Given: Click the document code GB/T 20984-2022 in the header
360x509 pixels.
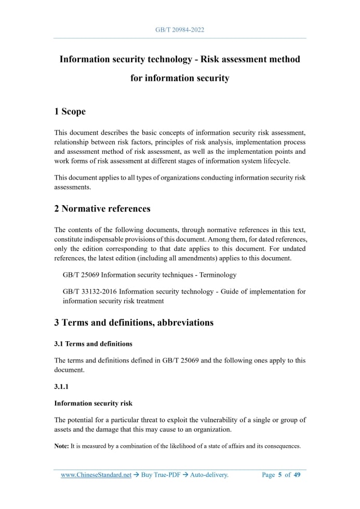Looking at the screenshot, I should pyautogui.click(x=180, y=30).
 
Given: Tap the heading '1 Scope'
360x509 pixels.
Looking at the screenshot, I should pyautogui.click(x=70, y=112).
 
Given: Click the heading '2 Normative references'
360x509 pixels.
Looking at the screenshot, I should pyautogui.click(x=102, y=209).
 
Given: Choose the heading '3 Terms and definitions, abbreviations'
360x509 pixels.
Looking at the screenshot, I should pyautogui.click(x=134, y=323).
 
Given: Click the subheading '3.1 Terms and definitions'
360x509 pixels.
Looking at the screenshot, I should pyautogui.click(x=94, y=344).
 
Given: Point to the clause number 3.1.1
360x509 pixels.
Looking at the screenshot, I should pyautogui.click(x=61, y=387).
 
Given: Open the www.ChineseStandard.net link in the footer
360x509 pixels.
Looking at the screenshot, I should pyautogui.click(x=96, y=475).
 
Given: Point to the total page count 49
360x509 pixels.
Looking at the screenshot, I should pyautogui.click(x=297, y=475).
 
